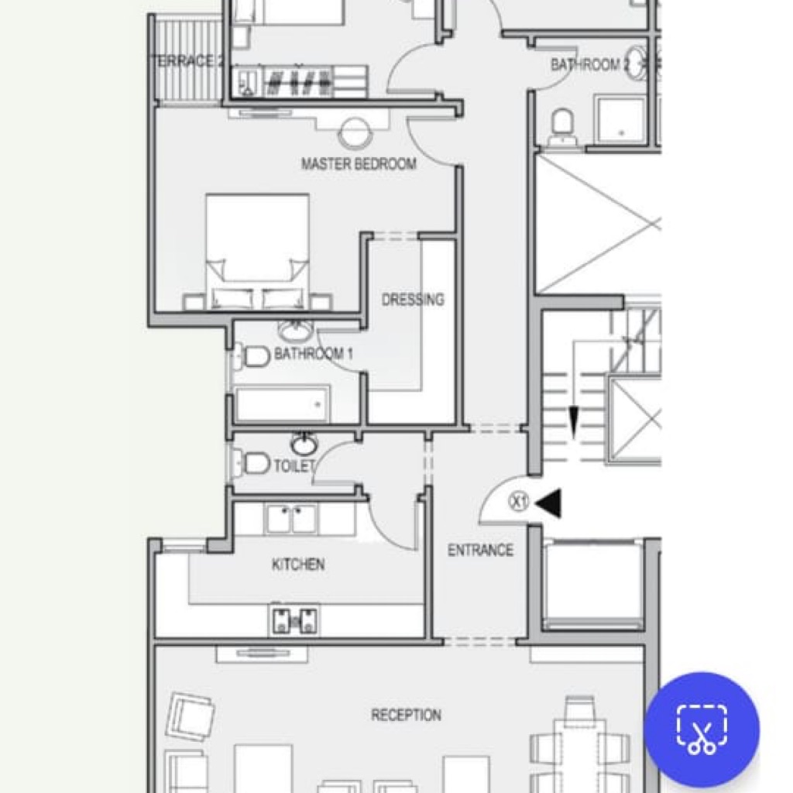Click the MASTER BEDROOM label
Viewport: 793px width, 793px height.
click(359, 164)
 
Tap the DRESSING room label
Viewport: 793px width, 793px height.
click(413, 300)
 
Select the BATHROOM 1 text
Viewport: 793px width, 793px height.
click(313, 353)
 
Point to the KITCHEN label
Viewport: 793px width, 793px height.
click(298, 564)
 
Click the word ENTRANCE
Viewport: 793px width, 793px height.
click(480, 550)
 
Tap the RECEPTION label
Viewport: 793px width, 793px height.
click(406, 715)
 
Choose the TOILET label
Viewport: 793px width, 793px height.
click(294, 465)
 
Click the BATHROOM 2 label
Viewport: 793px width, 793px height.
click(590, 65)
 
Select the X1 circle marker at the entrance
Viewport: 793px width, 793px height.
click(519, 502)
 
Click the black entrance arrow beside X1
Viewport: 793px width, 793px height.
click(548, 503)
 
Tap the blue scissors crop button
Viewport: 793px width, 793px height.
click(702, 729)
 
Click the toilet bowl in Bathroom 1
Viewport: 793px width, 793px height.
click(253, 356)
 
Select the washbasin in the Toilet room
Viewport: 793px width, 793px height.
click(304, 444)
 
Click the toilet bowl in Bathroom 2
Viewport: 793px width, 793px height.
click(562, 126)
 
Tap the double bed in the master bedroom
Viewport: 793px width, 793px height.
click(257, 252)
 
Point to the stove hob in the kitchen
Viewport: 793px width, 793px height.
click(295, 620)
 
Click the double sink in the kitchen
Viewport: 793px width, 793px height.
click(291, 518)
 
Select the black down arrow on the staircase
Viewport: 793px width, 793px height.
click(574, 422)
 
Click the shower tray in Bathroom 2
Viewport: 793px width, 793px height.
click(621, 120)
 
